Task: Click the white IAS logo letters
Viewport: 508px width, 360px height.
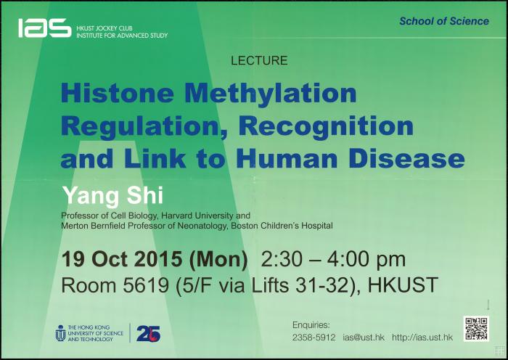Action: click(x=45, y=28)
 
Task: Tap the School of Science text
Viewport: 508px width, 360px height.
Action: click(x=444, y=21)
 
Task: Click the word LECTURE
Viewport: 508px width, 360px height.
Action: click(x=259, y=60)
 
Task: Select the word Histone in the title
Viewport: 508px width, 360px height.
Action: click(x=118, y=94)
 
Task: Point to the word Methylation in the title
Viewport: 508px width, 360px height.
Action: click(x=271, y=94)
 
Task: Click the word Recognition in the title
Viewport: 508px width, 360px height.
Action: click(x=327, y=126)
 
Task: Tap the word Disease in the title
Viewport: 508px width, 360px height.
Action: click(x=407, y=159)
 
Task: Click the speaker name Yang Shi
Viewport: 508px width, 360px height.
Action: click(x=112, y=196)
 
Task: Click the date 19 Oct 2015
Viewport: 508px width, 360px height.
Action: click(x=121, y=259)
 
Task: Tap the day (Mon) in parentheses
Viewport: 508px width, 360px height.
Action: click(x=218, y=260)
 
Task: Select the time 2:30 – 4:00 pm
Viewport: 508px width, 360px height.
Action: click(x=333, y=260)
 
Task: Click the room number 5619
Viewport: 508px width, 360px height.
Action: click(x=146, y=285)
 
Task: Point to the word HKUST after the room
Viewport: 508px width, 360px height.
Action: click(x=403, y=285)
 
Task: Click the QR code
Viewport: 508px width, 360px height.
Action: click(x=476, y=329)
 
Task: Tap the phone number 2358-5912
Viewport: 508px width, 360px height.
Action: click(x=314, y=337)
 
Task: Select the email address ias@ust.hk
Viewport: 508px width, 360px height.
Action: click(x=364, y=337)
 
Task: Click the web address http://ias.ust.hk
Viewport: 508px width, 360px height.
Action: click(x=422, y=337)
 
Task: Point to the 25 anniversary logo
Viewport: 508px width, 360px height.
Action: click(x=148, y=333)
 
